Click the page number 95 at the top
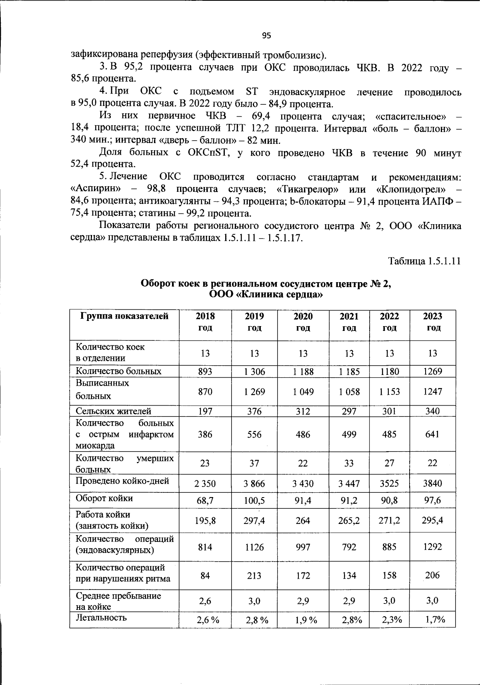[266, 36]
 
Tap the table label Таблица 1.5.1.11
[424, 261]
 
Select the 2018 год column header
[205, 322]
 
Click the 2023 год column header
[432, 322]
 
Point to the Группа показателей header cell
[124, 317]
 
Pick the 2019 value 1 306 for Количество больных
[254, 372]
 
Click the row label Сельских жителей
[114, 411]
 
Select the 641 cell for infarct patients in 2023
[432, 434]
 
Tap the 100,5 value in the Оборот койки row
[254, 500]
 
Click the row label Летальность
[101, 618]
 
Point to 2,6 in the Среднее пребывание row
[205, 601]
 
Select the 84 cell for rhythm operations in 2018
[205, 575]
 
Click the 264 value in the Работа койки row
[303, 521]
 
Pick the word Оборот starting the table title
[158, 284]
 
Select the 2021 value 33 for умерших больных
[349, 463]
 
